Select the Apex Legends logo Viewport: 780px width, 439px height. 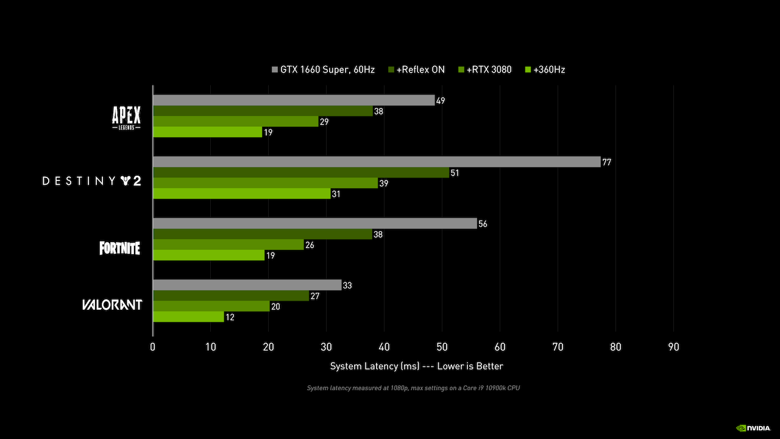126,117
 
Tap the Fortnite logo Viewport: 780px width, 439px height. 120,248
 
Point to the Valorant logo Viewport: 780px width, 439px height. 112,304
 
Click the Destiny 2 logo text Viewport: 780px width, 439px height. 91,181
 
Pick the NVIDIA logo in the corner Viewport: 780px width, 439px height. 754,428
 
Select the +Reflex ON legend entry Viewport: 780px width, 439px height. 417,70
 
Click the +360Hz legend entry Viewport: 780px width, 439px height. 545,70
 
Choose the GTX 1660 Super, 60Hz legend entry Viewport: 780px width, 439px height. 324,70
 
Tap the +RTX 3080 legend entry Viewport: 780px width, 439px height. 485,70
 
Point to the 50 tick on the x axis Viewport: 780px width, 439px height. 442,347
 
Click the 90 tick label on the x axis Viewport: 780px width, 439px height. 673,347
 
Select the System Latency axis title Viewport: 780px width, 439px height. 417,366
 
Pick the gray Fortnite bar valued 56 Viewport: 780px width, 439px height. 314,224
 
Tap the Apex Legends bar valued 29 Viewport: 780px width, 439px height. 235,121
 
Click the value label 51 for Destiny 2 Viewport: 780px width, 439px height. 455,173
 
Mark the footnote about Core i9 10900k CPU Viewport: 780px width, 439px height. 413,388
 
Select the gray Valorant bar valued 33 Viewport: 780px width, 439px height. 247,285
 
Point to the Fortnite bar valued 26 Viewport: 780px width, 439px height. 228,244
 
